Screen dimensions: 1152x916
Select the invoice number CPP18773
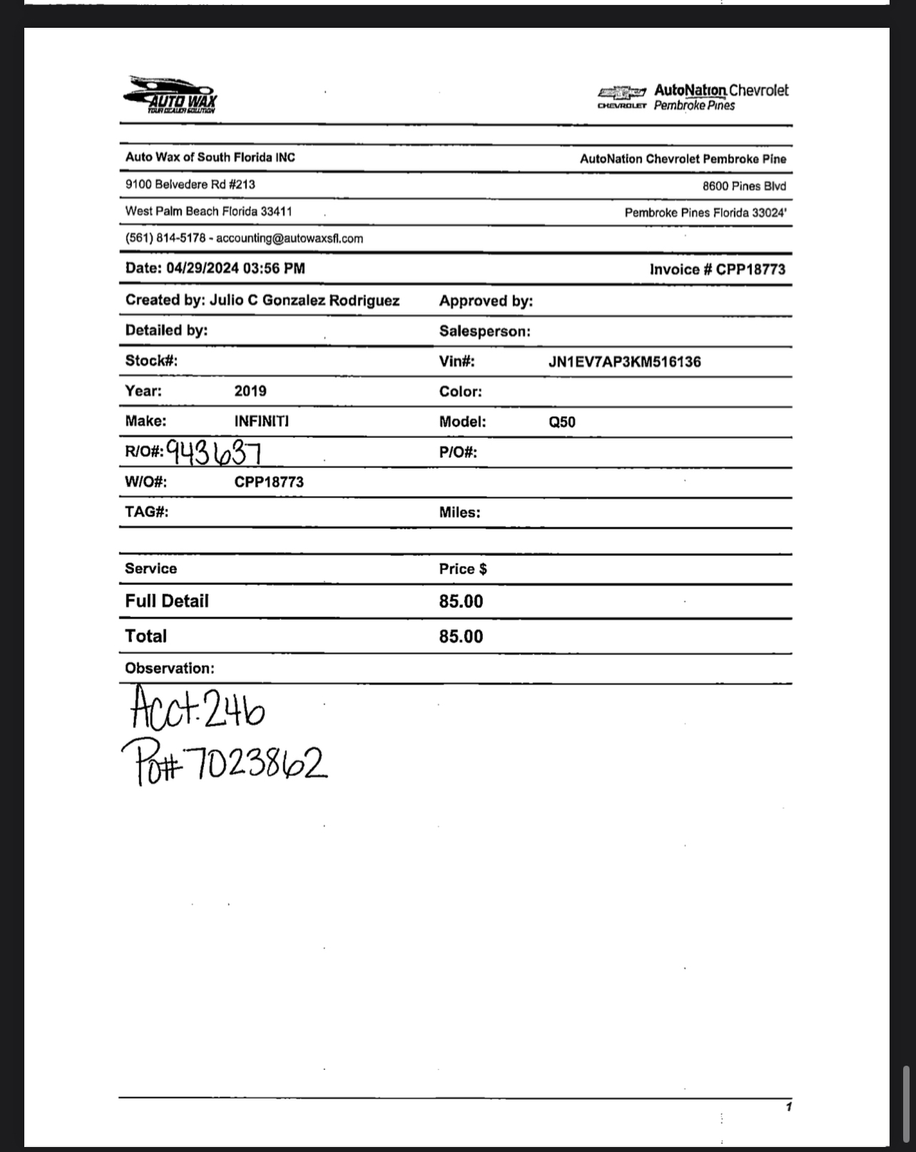click(750, 270)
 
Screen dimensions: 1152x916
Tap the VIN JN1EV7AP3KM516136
click(624, 362)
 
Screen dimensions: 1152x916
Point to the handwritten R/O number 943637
click(213, 452)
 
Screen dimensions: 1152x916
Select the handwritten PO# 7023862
click(224, 762)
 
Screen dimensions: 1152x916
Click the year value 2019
click(250, 391)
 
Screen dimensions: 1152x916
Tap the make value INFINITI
click(261, 421)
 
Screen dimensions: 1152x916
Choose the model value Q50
click(561, 422)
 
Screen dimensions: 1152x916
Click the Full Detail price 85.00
click(461, 601)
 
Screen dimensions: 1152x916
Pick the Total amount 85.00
click(461, 636)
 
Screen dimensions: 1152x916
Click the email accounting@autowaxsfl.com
click(289, 238)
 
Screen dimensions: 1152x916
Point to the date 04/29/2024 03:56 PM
click(235, 268)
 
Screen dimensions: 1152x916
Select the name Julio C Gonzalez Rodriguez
click(304, 300)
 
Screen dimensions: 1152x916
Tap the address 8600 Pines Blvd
click(743, 186)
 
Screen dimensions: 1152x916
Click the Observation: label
click(169, 668)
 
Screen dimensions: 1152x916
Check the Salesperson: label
click(484, 331)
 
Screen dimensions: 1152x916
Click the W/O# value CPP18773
click(269, 482)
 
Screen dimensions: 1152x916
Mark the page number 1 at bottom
click(788, 1107)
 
